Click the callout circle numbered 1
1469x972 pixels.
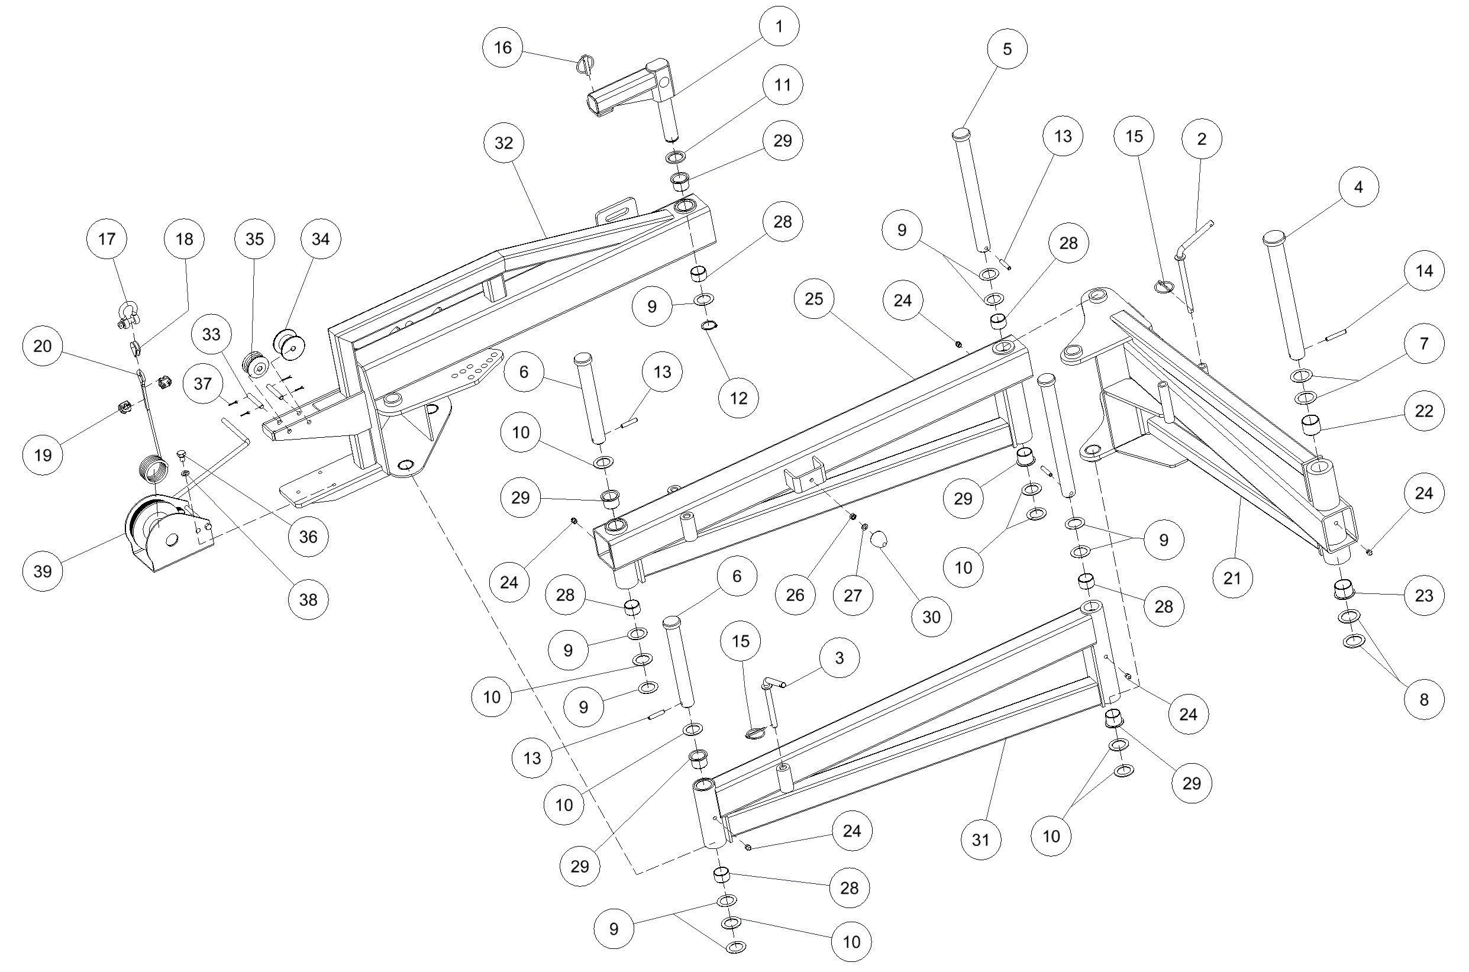point(779,26)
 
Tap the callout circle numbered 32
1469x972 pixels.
point(503,143)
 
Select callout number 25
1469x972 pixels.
point(814,299)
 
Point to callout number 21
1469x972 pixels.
point(1232,579)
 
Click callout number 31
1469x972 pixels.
point(980,840)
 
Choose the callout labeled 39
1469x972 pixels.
point(43,571)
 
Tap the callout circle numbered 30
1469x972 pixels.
point(931,617)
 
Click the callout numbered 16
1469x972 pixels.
point(503,48)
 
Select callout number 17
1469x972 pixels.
point(106,238)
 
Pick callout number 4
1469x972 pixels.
point(1358,187)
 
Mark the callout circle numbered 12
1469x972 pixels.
point(738,398)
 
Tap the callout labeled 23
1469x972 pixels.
point(1424,596)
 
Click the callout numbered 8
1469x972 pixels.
point(1424,699)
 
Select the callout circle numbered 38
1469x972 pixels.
point(308,599)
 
